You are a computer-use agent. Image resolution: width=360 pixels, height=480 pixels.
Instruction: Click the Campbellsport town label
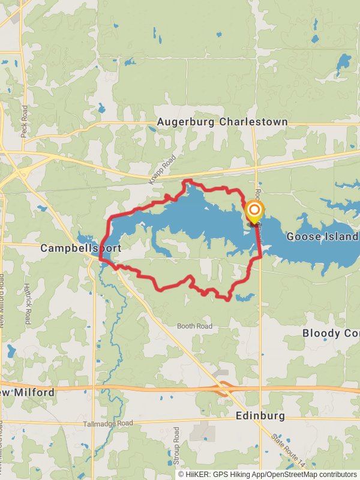point(80,248)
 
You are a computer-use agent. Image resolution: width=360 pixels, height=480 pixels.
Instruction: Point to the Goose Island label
point(322,236)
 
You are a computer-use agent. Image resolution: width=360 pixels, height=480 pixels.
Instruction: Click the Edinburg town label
point(259,415)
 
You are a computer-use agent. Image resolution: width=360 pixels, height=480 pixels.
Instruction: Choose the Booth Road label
point(194,326)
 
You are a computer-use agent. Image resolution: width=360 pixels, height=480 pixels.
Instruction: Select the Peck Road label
point(25,122)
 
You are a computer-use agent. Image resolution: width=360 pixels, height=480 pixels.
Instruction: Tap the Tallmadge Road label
point(109,424)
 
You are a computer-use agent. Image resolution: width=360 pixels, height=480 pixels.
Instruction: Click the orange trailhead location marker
point(254,211)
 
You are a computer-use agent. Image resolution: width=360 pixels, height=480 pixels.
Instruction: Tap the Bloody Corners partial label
point(330,333)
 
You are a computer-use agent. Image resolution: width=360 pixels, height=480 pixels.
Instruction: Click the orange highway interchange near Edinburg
point(225,389)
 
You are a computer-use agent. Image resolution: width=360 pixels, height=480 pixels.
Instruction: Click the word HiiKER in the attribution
point(199,474)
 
